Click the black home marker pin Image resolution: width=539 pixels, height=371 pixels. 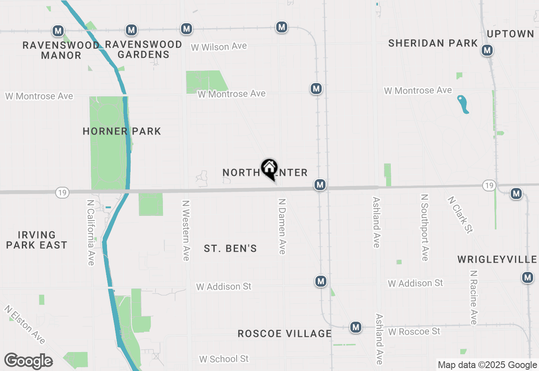(269, 168)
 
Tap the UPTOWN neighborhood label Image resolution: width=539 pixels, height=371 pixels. (510, 34)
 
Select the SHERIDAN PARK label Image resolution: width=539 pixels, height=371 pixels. (433, 43)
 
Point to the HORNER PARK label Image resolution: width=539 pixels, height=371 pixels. (122, 131)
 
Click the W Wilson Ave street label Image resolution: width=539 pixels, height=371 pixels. (219, 46)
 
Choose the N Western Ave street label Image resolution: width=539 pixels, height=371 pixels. (186, 230)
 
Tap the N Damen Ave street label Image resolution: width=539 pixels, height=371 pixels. (282, 226)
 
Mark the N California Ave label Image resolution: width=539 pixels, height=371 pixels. (91, 232)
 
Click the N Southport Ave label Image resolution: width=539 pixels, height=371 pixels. (424, 227)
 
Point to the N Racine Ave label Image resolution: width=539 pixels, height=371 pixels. (473, 298)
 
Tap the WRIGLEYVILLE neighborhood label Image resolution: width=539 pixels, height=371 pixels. (497, 259)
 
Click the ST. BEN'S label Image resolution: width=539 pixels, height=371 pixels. (230, 249)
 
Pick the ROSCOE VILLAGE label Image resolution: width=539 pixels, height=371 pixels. (285, 333)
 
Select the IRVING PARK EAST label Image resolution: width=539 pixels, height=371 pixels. (37, 240)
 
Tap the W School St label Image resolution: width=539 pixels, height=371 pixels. (224, 359)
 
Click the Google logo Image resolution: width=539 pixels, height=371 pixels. (28, 361)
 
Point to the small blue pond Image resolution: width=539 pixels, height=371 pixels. (463, 104)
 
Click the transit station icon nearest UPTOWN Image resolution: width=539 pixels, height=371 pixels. (487, 50)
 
